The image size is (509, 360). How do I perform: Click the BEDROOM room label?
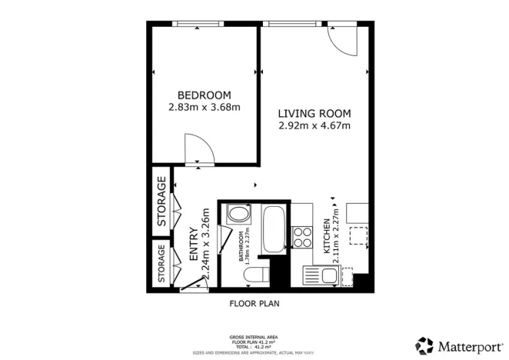(204, 95)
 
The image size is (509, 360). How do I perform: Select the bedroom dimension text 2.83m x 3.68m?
(204, 108)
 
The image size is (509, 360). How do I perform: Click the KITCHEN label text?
(326, 237)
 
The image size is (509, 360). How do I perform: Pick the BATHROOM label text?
(241, 246)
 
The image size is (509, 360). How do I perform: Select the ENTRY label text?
(194, 245)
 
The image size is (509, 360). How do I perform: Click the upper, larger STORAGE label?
(161, 202)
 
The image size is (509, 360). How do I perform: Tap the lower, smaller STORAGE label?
(161, 264)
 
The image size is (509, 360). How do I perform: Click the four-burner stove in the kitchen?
(302, 232)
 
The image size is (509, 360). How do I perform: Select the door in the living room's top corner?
(345, 40)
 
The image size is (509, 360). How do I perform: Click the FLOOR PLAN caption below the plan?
(254, 303)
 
